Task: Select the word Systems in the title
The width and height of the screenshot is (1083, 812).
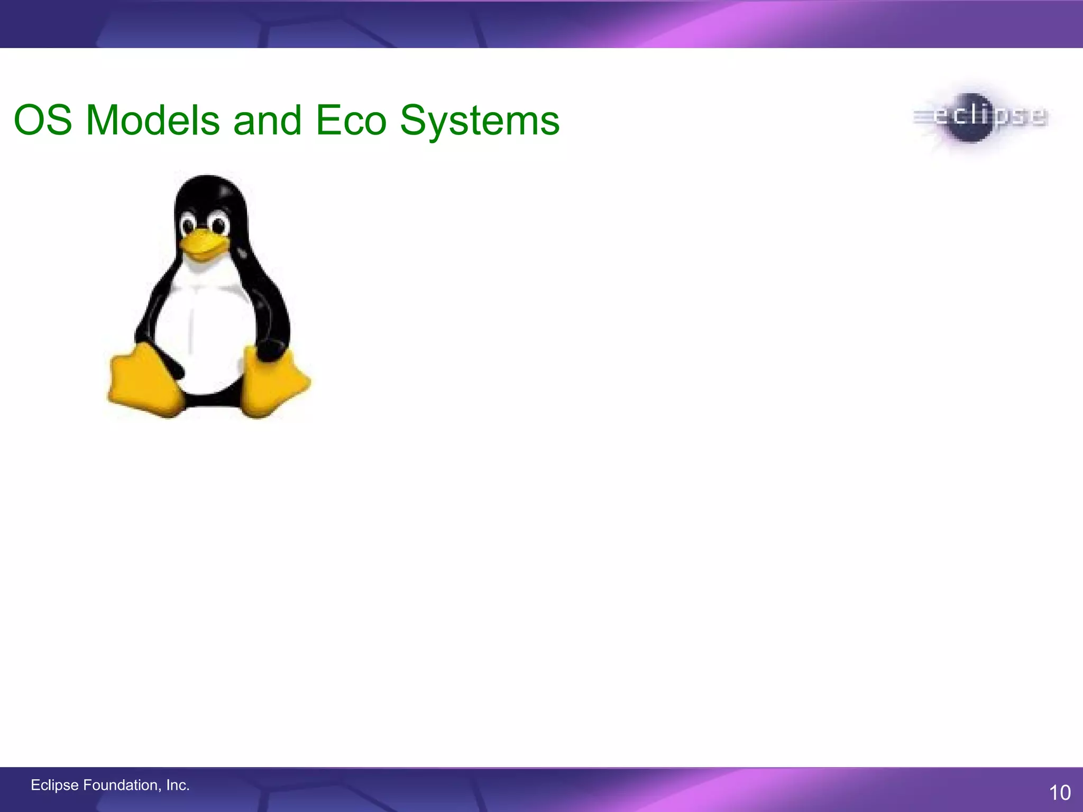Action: pos(479,121)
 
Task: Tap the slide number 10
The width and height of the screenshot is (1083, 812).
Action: pos(1059,792)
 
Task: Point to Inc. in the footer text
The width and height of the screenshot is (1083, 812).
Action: pos(178,785)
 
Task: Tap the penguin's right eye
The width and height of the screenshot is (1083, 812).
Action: pos(218,226)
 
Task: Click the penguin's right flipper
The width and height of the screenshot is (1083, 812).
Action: pos(272,322)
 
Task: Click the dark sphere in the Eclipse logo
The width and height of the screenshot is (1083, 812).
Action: pos(972,117)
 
